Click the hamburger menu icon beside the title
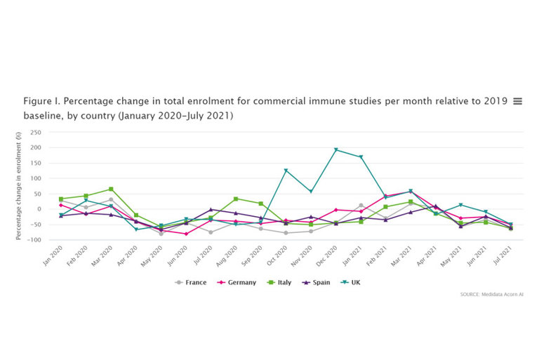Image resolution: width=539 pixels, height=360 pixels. click(517, 101)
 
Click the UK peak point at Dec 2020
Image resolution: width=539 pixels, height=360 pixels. click(335, 149)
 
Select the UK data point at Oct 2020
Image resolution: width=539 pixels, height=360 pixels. click(286, 171)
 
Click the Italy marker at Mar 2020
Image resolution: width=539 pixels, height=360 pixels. click(111, 189)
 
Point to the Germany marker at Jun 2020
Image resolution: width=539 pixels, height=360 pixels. click(186, 234)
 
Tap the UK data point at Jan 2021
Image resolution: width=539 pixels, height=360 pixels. click(361, 157)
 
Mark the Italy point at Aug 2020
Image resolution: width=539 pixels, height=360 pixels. click(236, 199)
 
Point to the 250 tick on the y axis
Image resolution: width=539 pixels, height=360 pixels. click(36, 133)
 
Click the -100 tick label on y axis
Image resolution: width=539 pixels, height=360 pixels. click(34, 240)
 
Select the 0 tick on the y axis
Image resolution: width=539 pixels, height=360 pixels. click(39, 209)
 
